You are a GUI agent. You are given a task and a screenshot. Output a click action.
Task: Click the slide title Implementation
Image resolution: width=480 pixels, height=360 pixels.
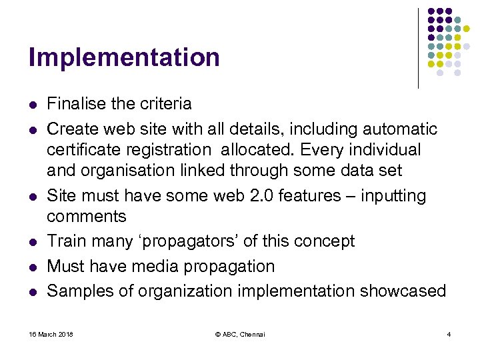124,58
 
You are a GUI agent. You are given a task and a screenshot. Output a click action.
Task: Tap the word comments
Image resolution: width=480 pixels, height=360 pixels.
86,217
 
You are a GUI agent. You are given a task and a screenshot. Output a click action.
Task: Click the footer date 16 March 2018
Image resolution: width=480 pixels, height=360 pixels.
51,334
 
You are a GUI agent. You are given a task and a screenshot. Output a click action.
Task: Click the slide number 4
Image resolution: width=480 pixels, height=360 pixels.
449,334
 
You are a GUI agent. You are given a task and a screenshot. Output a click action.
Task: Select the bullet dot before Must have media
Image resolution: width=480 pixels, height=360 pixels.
31,267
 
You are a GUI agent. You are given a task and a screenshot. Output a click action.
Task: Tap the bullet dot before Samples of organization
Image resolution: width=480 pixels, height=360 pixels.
31,292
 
